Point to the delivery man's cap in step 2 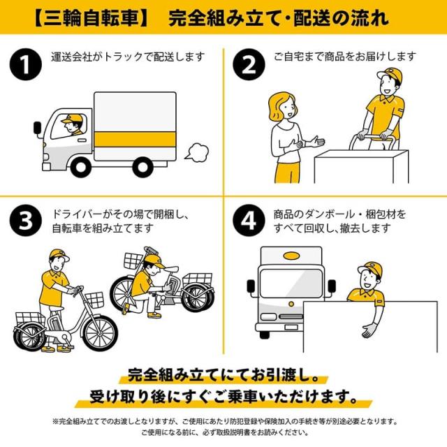tap(386, 75)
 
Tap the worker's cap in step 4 tap(368, 269)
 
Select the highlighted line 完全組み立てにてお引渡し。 tap(223, 374)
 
